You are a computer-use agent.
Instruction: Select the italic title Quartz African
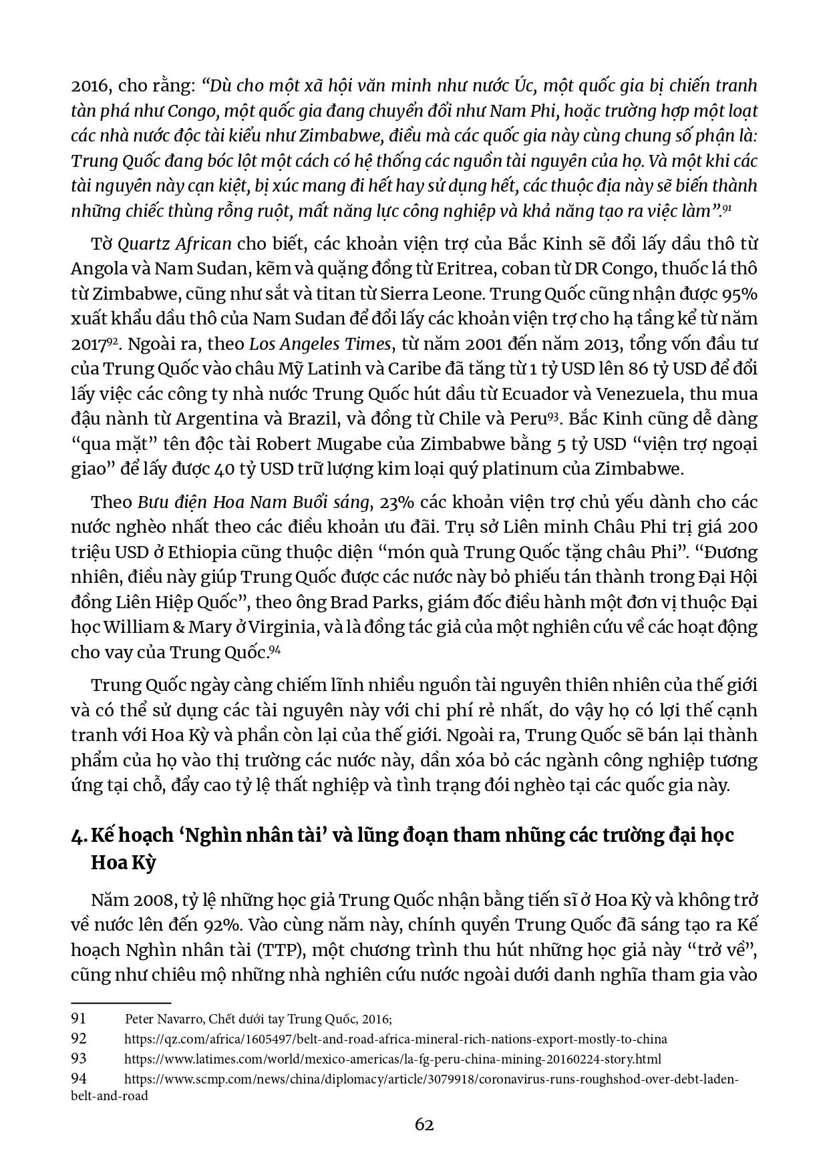tap(174, 244)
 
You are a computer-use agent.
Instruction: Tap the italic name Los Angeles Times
tap(319, 344)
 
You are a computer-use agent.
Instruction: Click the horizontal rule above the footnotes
tap(121, 1003)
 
